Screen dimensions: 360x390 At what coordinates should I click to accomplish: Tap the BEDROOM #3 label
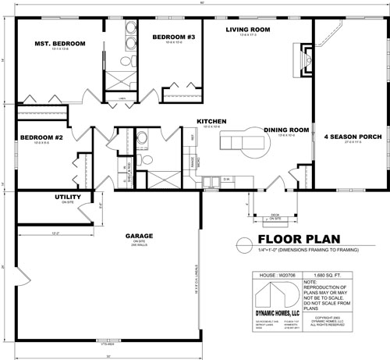pyautogui.click(x=173, y=37)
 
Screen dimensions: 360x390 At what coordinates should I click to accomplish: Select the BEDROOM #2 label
pyautogui.click(x=41, y=137)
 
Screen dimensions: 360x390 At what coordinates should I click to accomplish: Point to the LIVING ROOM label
pyautogui.click(x=248, y=30)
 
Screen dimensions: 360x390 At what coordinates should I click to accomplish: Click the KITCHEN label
pyautogui.click(x=211, y=121)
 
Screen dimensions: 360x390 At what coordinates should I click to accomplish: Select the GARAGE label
pyautogui.click(x=140, y=236)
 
